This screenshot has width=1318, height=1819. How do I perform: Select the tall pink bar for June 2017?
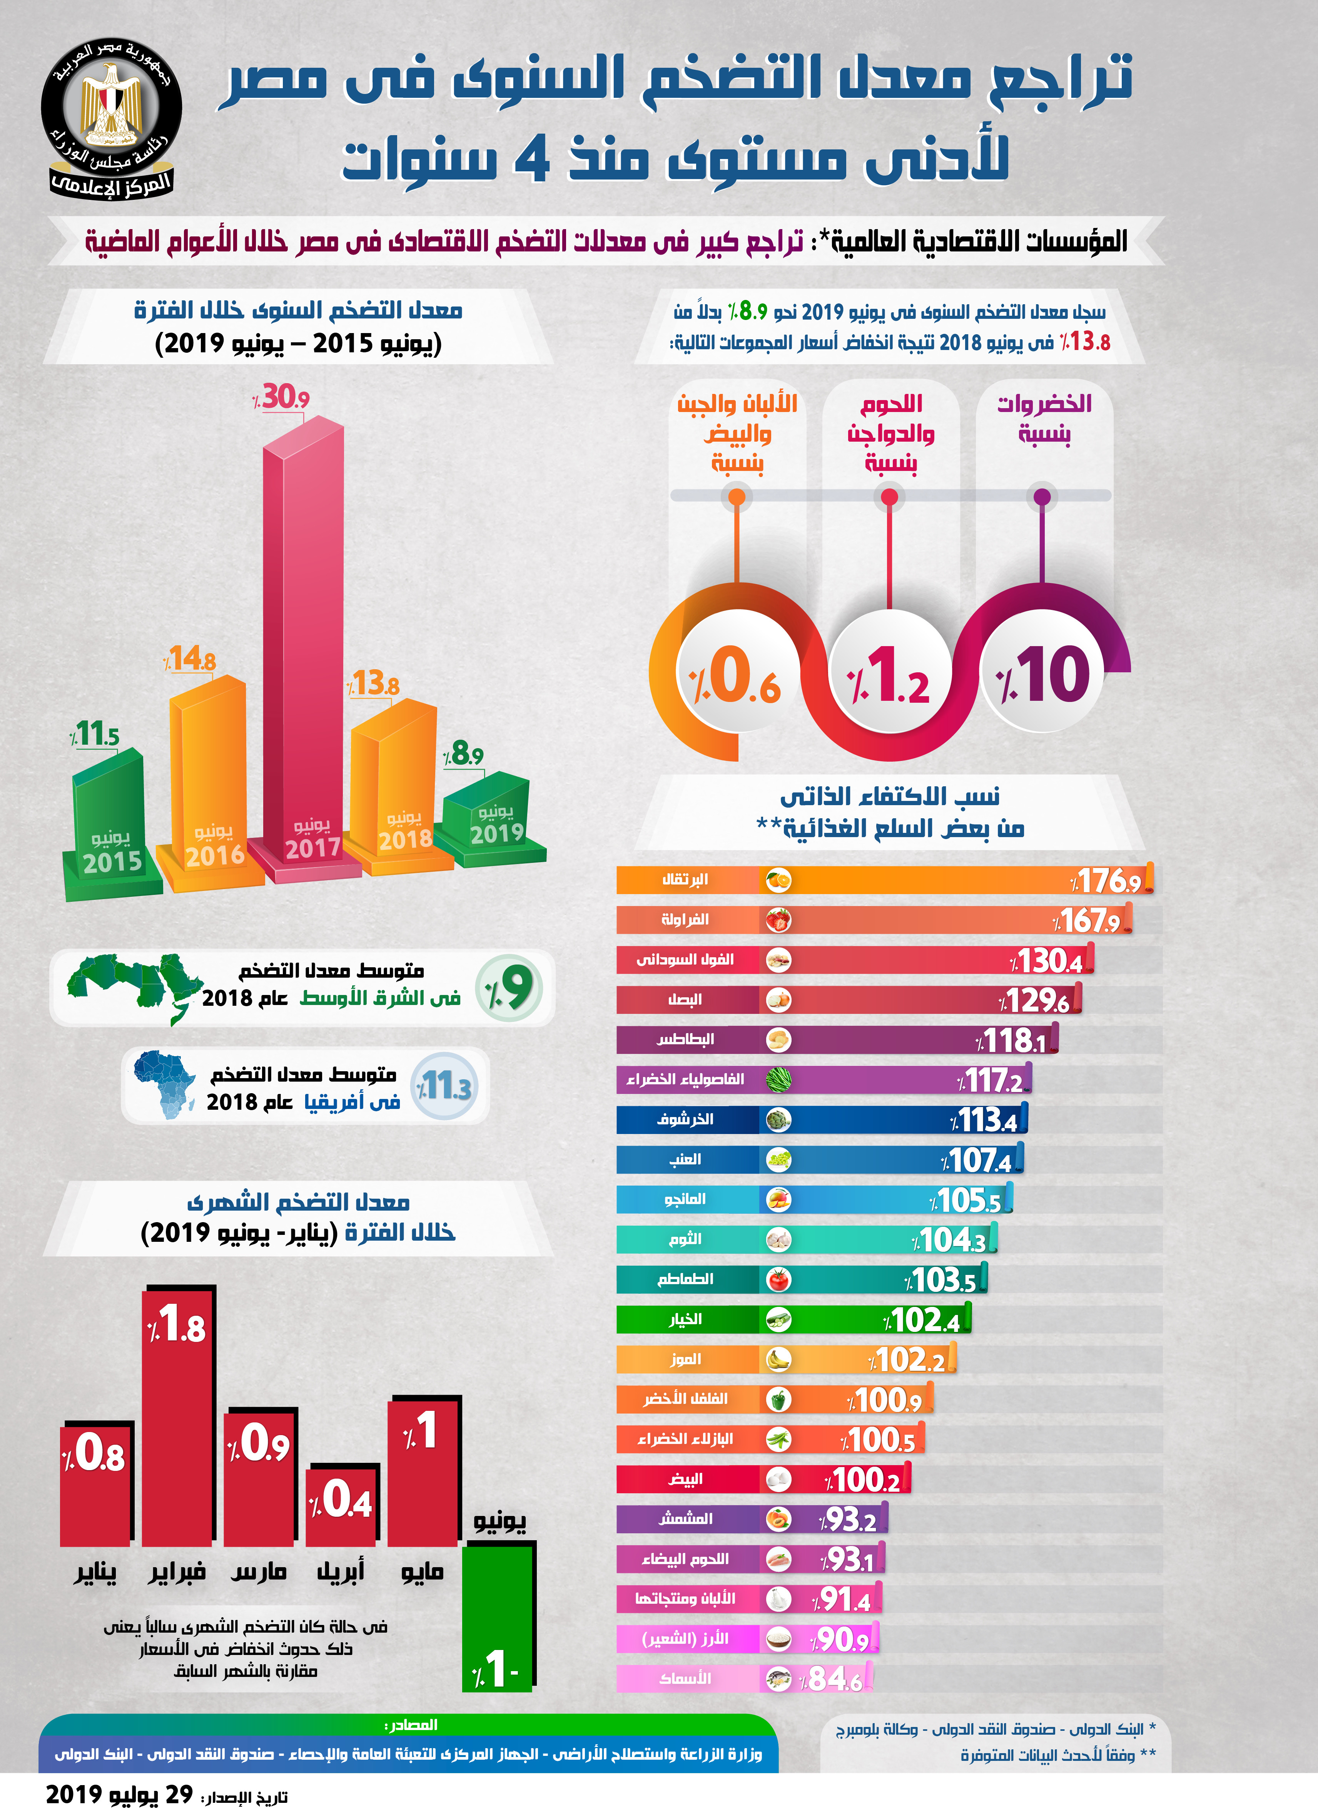303,642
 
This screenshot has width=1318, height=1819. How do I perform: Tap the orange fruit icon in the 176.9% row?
778,880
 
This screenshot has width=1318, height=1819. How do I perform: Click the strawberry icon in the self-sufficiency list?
778,920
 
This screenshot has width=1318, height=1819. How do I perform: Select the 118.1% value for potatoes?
1012,1040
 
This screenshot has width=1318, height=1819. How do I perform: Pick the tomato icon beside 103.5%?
778,1279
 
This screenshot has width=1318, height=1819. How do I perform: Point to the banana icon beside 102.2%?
778,1360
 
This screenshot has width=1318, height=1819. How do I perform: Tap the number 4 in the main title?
531,158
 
